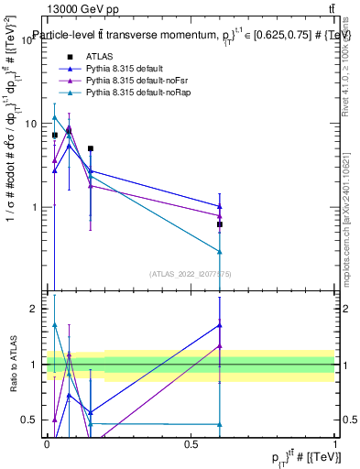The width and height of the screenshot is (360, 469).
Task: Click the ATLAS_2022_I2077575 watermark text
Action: pyautogui.click(x=191, y=273)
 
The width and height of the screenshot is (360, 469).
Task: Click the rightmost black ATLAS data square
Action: pyautogui.click(x=220, y=224)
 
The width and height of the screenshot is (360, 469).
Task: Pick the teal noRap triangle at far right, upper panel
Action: pyautogui.click(x=220, y=252)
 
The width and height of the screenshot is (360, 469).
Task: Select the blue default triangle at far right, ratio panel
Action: pyautogui.click(x=220, y=325)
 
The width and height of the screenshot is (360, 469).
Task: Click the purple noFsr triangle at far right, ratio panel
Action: pyautogui.click(x=220, y=346)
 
